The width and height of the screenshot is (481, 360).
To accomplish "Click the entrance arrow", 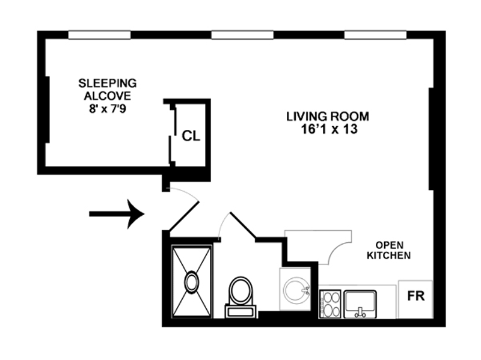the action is (117, 213).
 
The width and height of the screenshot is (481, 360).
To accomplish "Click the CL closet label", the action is (191, 136).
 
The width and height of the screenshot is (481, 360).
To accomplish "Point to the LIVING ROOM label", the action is (327, 116).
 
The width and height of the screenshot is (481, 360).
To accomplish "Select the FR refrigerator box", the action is (415, 296).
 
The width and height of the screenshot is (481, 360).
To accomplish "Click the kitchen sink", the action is (360, 302).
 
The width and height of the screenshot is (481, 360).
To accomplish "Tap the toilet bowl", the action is (241, 290).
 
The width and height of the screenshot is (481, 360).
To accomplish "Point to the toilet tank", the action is (240, 311).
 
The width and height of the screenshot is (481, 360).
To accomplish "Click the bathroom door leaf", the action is (243, 226).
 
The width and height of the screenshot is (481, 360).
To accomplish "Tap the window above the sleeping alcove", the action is (99, 35).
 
